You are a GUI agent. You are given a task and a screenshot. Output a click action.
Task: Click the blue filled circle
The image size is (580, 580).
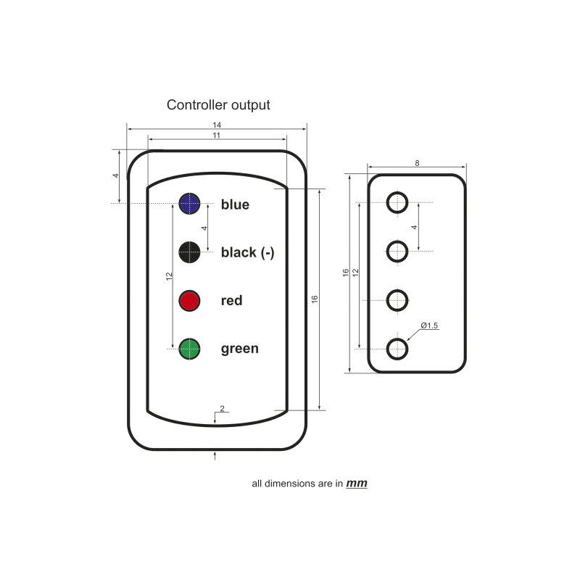coord(189,204)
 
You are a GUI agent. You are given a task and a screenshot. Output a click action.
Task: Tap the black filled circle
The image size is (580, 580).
coord(189,252)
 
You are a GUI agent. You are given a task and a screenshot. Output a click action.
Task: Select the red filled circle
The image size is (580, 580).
coord(189,301)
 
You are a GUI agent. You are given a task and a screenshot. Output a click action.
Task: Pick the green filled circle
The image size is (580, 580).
coord(189,349)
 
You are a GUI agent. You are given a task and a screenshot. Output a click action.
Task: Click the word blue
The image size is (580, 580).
coord(235,204)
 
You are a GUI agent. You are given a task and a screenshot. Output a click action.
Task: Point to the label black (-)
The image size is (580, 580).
coord(247,252)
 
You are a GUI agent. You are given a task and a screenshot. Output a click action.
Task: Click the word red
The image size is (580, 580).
coord(231,300)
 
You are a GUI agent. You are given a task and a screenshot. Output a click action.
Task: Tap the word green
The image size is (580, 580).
coord(240,349)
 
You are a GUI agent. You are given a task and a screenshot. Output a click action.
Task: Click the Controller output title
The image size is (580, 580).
coord(218,105)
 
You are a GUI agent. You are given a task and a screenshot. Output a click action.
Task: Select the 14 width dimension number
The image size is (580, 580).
coord(217,125)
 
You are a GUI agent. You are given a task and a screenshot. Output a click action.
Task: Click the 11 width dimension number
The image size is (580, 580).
coord(216,136)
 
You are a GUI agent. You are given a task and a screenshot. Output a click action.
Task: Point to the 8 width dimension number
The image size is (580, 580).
coord(417,163)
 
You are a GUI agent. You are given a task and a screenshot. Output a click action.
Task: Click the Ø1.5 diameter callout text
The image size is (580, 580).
coord(429,326)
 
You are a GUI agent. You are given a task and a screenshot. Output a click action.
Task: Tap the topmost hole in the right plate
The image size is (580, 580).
coord(397,202)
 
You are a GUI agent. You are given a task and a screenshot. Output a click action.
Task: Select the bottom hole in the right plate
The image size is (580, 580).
coord(397,349)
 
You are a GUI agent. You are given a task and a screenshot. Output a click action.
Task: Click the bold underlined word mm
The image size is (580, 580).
coord(357,484)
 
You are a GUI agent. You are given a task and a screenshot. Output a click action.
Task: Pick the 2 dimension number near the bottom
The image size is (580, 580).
coord(222,408)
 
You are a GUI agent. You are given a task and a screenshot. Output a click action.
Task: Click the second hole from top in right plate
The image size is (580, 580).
coord(397,251)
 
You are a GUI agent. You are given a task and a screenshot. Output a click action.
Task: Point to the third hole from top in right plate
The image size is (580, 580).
coord(397,300)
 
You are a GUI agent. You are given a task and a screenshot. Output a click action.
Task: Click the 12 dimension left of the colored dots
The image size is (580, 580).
coord(170,276)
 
